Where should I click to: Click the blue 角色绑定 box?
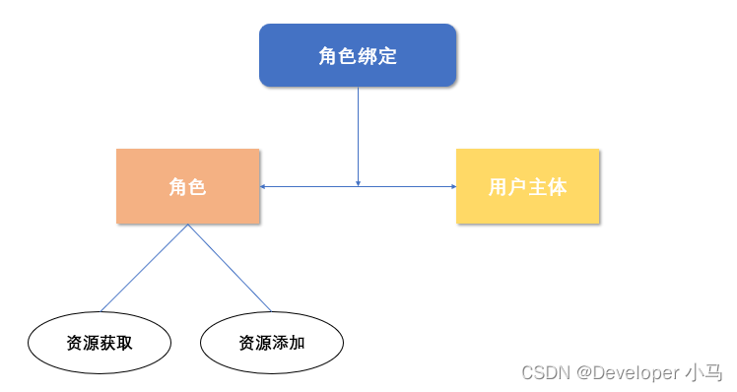[357, 55]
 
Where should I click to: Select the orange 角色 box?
[187, 186]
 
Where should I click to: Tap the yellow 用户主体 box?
[527, 186]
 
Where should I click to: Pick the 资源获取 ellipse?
[99, 343]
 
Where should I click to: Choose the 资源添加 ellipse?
[271, 343]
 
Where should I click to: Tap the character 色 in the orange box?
[197, 187]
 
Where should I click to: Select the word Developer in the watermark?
[639, 372]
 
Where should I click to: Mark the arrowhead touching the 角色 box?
[264, 186]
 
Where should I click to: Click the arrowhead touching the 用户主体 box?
[452, 186]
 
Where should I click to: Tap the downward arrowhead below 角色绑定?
[358, 182]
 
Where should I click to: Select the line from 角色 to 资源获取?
[145, 267]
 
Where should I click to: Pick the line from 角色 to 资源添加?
[230, 267]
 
